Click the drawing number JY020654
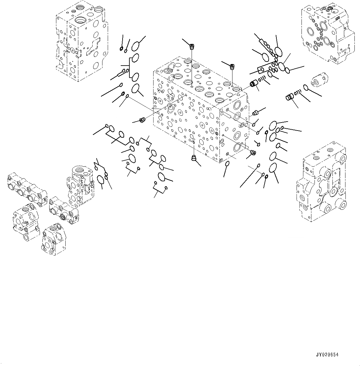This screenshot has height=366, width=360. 327,355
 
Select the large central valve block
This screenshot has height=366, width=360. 201,110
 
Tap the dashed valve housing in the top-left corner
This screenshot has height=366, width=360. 82,41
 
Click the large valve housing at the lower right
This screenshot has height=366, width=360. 321,182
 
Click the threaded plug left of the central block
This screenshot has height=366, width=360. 142,120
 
